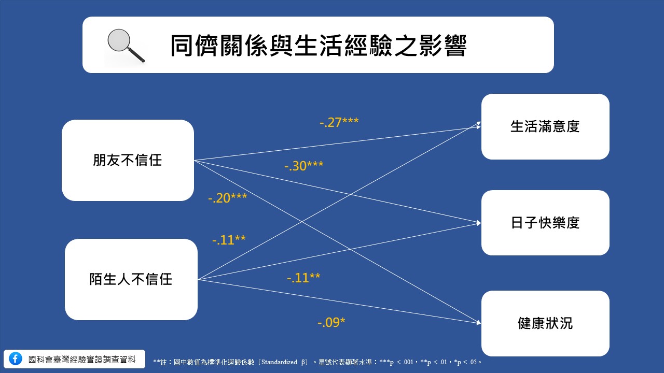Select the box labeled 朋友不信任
pyautogui.click(x=128, y=160)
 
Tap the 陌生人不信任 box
pyautogui.click(x=131, y=279)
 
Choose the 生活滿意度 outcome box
pyautogui.click(x=545, y=126)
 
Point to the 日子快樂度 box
pyautogui.click(x=545, y=223)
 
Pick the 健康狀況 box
pyautogui.click(x=545, y=323)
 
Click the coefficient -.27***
pyautogui.click(x=339, y=122)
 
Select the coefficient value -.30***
pyautogui.click(x=304, y=166)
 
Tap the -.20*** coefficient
pyautogui.click(x=228, y=198)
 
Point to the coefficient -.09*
pyautogui.click(x=331, y=322)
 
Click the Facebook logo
pyautogui.click(x=16, y=359)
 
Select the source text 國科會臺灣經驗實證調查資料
pyautogui.click(x=82, y=360)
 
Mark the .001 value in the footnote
pyautogui.click(x=408, y=362)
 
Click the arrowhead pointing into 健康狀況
pyautogui.click(x=478, y=323)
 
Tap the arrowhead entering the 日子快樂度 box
pyautogui.click(x=478, y=223)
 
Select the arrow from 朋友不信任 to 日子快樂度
pyautogui.click(x=338, y=192)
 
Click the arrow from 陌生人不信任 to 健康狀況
pyautogui.click(x=339, y=301)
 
